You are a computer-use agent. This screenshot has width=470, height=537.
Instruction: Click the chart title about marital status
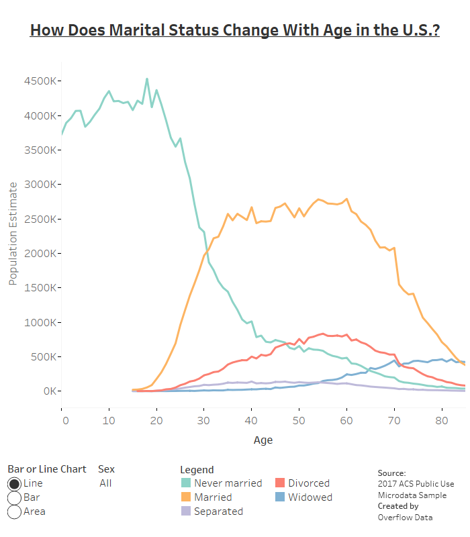coord(234,31)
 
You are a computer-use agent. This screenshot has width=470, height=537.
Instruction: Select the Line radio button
coord(14,483)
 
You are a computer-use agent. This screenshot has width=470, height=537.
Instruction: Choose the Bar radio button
coord(14,497)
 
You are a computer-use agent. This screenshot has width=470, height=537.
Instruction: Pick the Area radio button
coord(14,511)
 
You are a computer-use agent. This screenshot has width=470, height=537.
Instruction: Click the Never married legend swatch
coord(185,483)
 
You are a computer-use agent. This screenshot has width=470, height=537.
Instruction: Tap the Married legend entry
coord(212,497)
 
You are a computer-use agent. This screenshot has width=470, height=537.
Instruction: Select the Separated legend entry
coord(218,511)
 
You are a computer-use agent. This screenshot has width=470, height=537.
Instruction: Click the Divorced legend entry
coord(309,483)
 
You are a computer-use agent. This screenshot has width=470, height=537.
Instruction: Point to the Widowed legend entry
coord(310,497)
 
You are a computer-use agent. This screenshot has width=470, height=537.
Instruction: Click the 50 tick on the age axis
coord(299,421)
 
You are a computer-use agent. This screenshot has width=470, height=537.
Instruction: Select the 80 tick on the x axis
coord(441,421)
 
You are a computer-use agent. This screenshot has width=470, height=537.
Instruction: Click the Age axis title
coord(263,440)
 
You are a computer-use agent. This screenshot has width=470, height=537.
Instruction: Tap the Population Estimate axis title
coord(13,232)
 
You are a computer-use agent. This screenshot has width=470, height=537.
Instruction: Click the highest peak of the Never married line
coord(147,79)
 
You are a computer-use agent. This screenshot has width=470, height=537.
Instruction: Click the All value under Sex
coord(105,483)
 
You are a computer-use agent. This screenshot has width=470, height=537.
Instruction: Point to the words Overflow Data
coord(405,518)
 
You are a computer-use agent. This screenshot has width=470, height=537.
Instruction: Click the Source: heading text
coord(391,473)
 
